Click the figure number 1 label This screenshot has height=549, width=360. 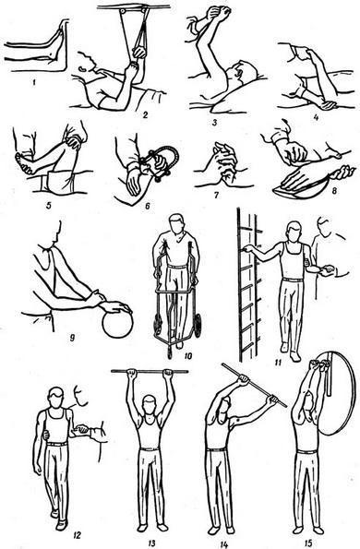coord(34,83)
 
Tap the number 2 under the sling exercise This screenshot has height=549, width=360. coord(145,114)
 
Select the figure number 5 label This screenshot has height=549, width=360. coord(48,204)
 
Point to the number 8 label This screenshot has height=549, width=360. coord(334,192)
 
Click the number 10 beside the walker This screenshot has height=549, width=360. coord(187,356)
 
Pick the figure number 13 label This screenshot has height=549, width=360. coord(151,543)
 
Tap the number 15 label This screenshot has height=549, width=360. coord(308,543)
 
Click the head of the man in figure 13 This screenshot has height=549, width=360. coord(150,405)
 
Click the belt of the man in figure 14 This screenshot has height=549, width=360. coord(216,449)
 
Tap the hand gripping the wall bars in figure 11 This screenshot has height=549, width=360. coord(248,248)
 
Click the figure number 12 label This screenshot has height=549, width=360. coord(77,535)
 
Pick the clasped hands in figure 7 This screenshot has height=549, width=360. coord(224,161)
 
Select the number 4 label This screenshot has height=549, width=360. coord(317,118)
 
